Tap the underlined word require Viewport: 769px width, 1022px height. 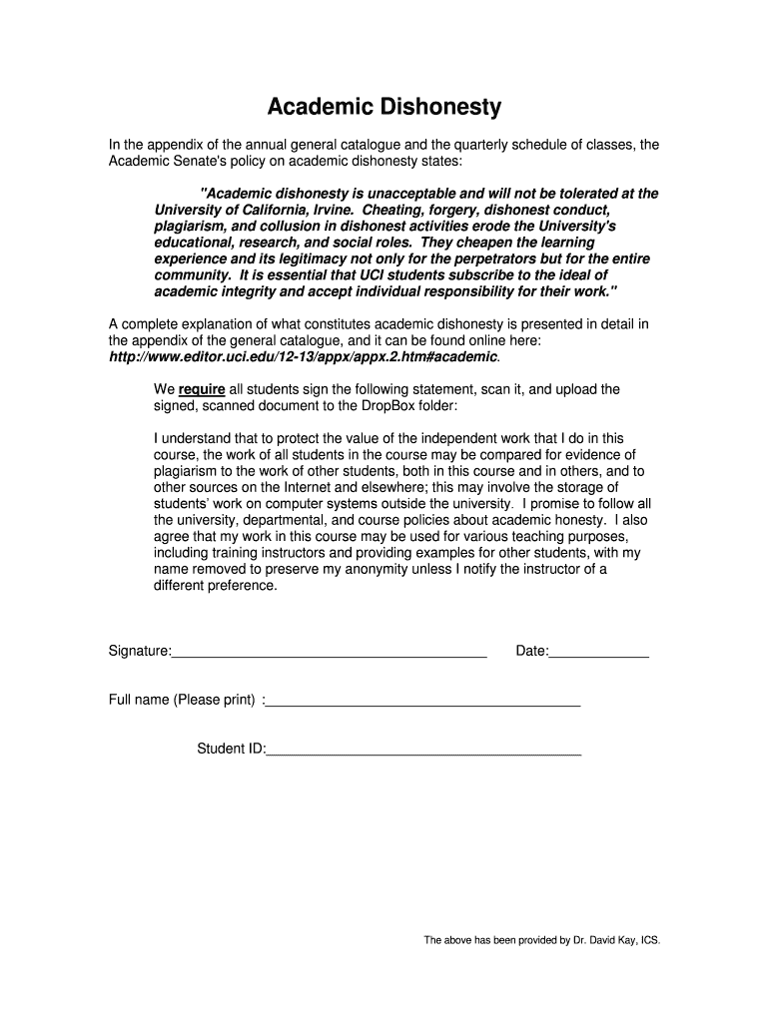202,389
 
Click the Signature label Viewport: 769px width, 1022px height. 139,652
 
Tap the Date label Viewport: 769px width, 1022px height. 531,652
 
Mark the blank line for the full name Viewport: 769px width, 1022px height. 423,705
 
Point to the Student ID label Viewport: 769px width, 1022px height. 231,749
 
